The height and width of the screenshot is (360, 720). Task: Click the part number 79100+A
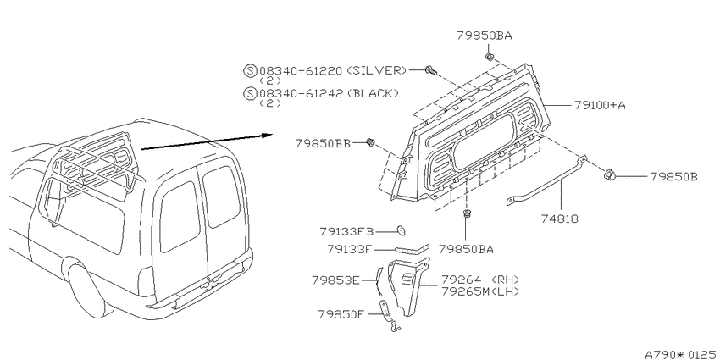coord(600,105)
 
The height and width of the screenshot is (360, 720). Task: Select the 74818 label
coord(560,219)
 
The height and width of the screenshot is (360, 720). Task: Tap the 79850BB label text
coord(323,144)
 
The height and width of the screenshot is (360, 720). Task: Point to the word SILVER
coord(375,70)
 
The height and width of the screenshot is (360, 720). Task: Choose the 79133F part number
coord(350,249)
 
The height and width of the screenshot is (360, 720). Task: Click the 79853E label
coord(335,280)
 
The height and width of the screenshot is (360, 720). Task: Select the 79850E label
coord(341,314)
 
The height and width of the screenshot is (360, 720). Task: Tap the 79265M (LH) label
coord(479,291)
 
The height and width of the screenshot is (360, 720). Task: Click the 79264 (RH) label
coord(479,280)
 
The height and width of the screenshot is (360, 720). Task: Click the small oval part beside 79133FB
coord(401,230)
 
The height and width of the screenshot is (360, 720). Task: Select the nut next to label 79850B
coord(609,175)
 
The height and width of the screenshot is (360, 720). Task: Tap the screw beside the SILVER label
coord(430,70)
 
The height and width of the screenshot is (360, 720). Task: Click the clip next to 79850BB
coord(370,142)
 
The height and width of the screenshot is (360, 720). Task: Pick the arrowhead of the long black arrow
coord(268,135)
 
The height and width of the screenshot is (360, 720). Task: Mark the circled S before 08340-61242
coord(250,94)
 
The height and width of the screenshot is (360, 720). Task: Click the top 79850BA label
coord(484,36)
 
